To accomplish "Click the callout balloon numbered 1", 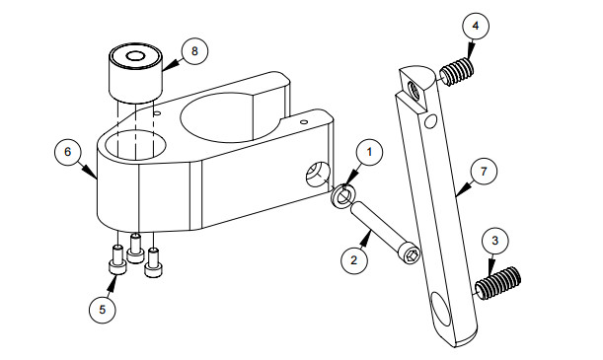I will (369, 153).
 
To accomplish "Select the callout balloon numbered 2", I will (352, 261).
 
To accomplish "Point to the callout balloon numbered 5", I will (102, 308).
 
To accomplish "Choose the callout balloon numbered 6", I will (67, 153).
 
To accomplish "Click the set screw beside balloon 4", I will (455, 72).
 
